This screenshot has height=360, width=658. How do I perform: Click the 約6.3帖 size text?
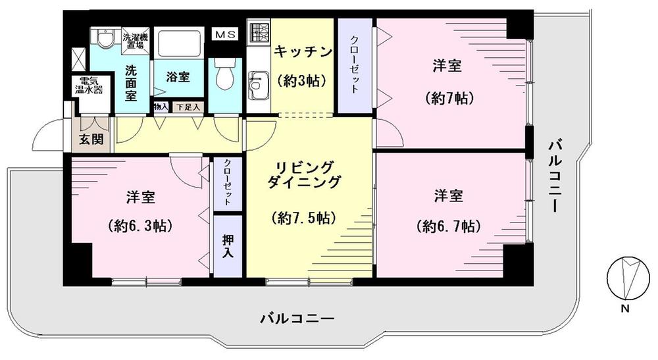(139, 226)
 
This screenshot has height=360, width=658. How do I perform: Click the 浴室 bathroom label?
(178, 76)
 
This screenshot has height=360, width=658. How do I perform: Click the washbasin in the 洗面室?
(103, 40)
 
